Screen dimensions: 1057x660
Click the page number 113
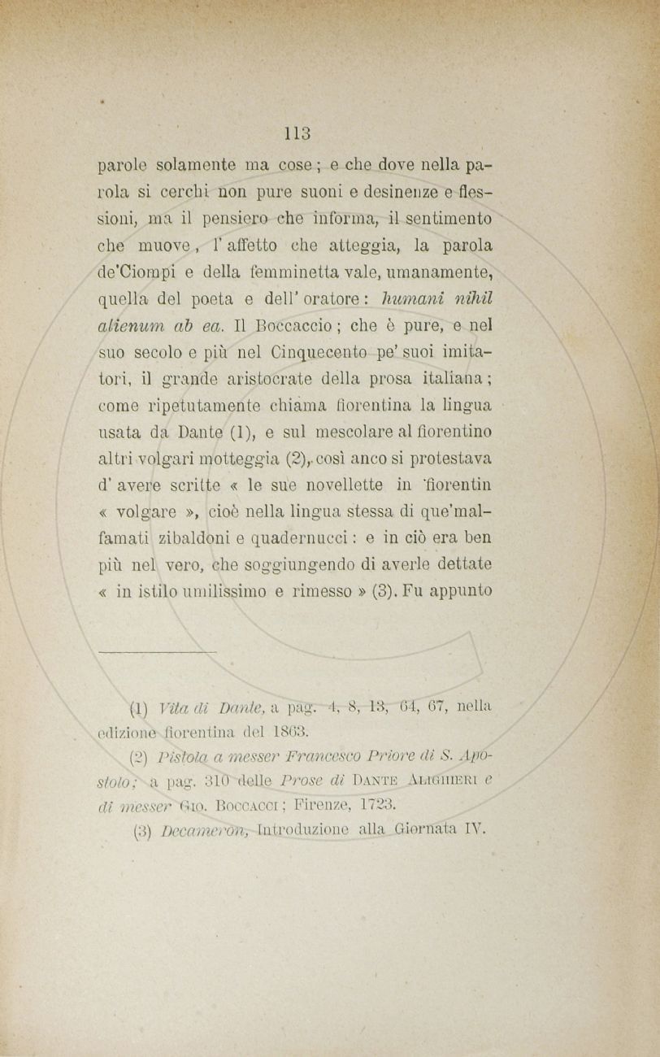click(298, 133)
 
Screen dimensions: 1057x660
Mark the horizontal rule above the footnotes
click(157, 651)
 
